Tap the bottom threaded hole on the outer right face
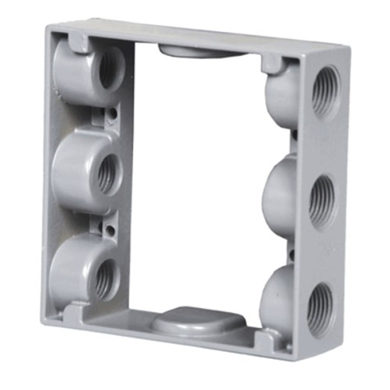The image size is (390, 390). tap(320, 307)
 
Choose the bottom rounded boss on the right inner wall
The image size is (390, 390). tap(276, 297)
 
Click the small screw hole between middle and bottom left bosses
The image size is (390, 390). tap(111, 229)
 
